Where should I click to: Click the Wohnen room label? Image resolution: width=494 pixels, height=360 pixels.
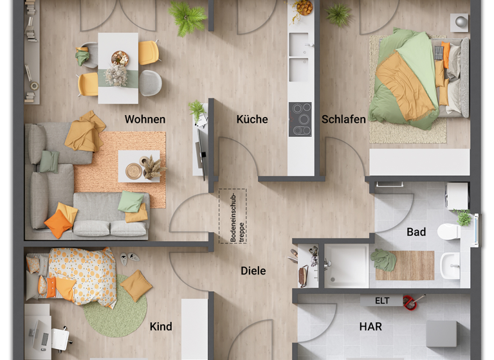(x=145, y=119)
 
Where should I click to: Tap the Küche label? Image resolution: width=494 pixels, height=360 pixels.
(x=252, y=119)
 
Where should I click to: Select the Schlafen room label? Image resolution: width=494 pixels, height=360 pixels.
(x=343, y=119)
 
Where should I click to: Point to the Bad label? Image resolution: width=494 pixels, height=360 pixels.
(x=416, y=232)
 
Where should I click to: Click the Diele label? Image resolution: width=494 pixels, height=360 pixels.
(x=253, y=271)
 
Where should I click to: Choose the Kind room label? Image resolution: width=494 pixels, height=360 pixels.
(x=161, y=327)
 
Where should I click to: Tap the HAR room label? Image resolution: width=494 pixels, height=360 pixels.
(x=370, y=327)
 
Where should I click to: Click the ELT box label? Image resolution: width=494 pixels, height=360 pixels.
(x=383, y=300)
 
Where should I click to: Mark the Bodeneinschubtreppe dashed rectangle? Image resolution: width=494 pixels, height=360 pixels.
(x=232, y=215)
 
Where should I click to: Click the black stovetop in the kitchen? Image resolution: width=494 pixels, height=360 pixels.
(x=300, y=119)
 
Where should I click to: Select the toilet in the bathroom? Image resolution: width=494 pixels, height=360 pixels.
(x=448, y=231)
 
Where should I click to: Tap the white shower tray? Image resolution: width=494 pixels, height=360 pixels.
(x=346, y=265)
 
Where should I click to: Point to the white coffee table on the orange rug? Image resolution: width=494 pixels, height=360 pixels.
(x=139, y=166)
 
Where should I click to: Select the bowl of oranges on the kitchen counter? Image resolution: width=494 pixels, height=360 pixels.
(x=303, y=8)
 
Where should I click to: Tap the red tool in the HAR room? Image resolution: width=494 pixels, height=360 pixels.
(x=410, y=300)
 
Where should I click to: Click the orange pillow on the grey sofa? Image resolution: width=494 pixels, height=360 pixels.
(x=58, y=224)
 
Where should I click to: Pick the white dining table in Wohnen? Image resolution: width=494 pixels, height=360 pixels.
(x=118, y=67)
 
